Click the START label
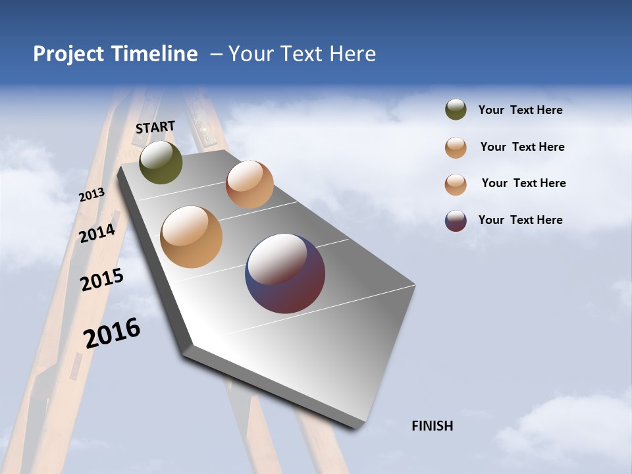(x=155, y=127)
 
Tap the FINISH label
(x=433, y=426)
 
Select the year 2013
(x=92, y=195)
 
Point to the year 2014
(x=97, y=234)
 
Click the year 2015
(x=102, y=280)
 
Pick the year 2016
(x=112, y=333)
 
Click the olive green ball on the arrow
(x=161, y=162)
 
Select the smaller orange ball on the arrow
(x=250, y=184)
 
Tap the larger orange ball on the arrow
(x=191, y=237)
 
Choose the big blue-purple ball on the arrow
(x=285, y=273)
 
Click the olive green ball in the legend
(x=456, y=110)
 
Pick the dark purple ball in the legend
(x=456, y=221)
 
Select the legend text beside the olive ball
(x=520, y=111)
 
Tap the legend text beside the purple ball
(x=520, y=220)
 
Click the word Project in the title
(x=69, y=54)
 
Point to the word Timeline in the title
(x=156, y=54)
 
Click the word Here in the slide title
(x=352, y=54)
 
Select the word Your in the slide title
(x=250, y=54)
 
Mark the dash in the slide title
(x=216, y=55)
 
